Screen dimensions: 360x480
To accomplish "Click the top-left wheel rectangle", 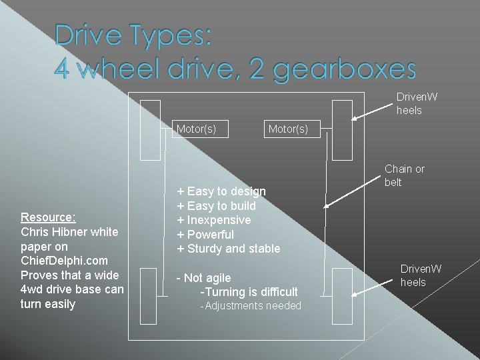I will point(151,130).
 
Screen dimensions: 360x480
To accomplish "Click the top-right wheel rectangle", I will point(342,130).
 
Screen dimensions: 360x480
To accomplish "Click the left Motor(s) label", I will point(196,129).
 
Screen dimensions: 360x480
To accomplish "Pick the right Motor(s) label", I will point(288,129).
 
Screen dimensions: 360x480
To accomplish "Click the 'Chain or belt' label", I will point(404,175).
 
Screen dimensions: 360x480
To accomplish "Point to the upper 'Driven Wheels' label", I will point(417,103).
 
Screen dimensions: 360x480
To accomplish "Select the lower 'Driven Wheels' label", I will point(420,275).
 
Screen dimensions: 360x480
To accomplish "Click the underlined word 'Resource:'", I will point(48,217).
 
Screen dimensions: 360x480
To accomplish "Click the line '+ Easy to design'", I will point(221,191).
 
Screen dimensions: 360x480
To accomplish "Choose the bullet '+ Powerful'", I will point(205,235).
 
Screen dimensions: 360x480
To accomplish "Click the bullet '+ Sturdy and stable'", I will point(228,249).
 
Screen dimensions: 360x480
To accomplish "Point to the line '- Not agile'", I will point(203,278).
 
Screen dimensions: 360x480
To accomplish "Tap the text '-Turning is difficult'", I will point(249,292).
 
